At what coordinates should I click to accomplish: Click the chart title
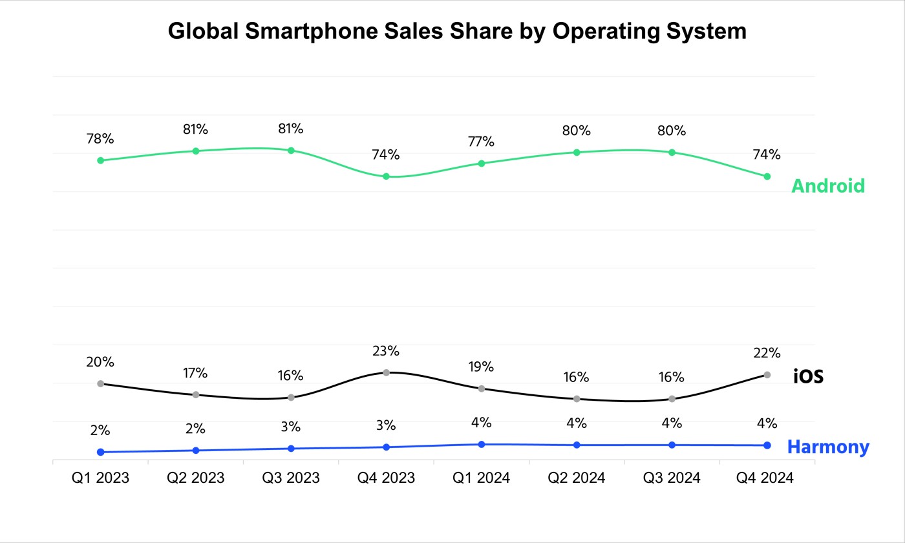click(x=457, y=30)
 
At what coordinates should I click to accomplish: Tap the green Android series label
click(x=828, y=186)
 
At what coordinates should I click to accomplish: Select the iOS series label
click(x=808, y=376)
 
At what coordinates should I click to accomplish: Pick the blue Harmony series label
click(x=828, y=447)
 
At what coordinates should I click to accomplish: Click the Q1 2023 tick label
click(x=100, y=478)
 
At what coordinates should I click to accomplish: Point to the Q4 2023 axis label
click(x=386, y=478)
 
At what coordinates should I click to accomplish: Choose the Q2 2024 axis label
click(x=577, y=478)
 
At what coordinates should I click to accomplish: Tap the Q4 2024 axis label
click(x=767, y=478)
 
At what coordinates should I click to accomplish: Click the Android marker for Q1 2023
click(x=100, y=160)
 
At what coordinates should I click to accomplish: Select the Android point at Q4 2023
click(x=387, y=176)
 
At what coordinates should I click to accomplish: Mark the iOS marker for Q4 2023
click(x=387, y=372)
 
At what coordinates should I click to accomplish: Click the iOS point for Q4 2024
click(x=767, y=375)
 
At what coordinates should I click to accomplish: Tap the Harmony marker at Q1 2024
click(x=482, y=444)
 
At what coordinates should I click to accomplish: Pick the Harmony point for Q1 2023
click(x=100, y=452)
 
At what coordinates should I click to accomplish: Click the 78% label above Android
click(x=100, y=139)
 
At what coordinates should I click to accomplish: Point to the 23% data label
click(x=386, y=352)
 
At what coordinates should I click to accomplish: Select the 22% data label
click(x=767, y=353)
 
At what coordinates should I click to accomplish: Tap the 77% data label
click(x=482, y=142)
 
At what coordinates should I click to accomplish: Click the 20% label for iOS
click(x=100, y=363)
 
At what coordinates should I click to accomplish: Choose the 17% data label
click(x=195, y=374)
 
